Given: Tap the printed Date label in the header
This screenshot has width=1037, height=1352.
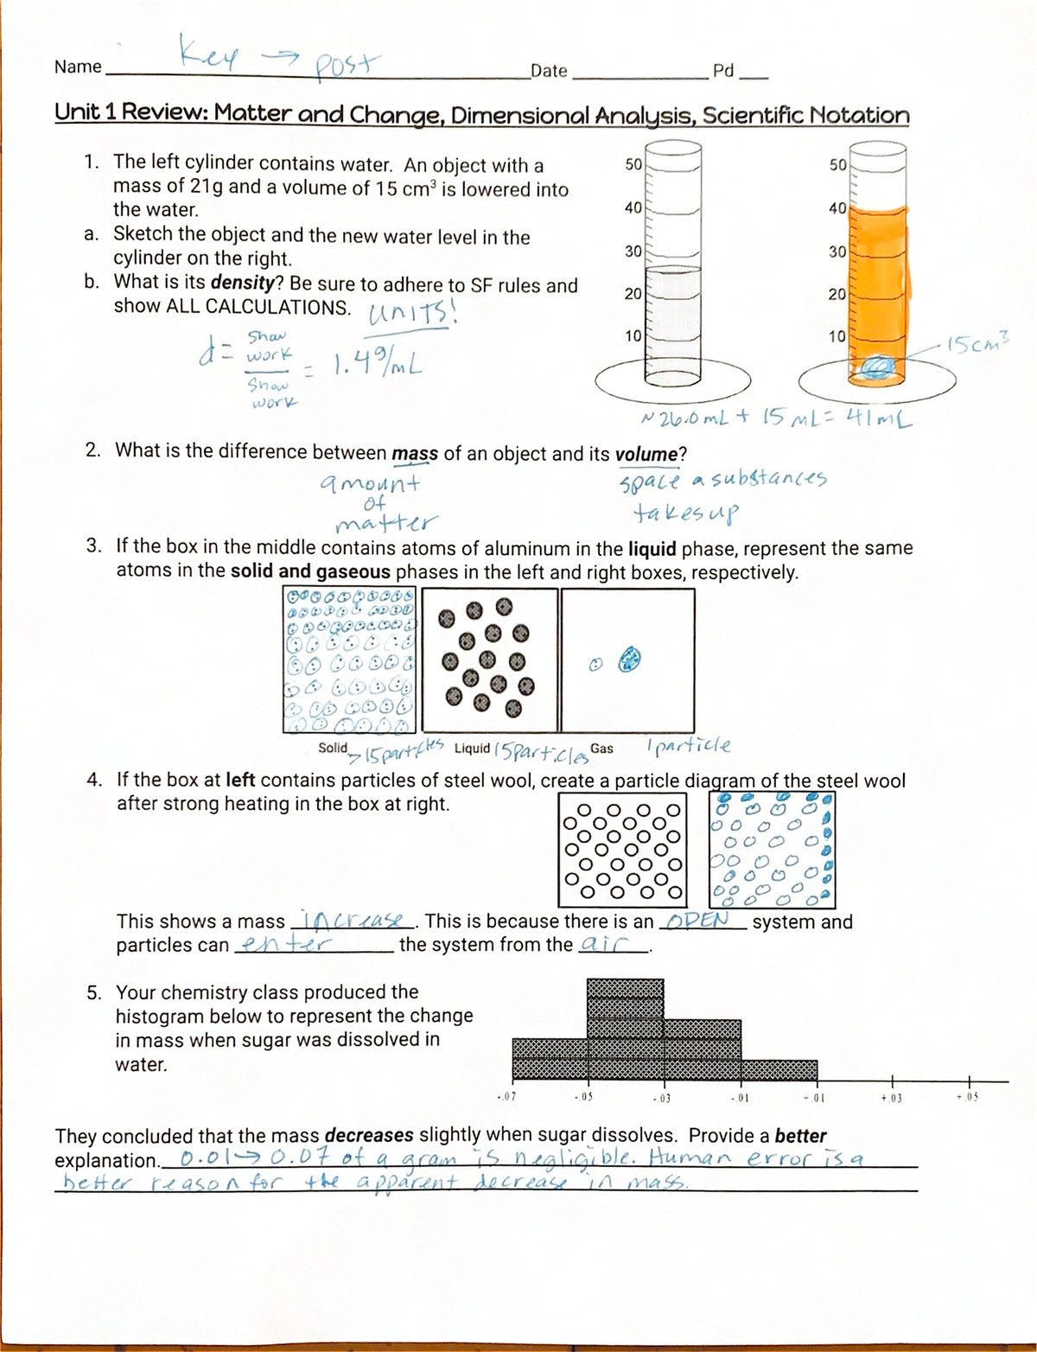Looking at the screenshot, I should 549,71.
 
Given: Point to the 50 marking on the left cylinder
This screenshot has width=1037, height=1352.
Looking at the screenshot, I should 633,164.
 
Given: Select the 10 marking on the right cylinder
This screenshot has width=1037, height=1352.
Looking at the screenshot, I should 837,335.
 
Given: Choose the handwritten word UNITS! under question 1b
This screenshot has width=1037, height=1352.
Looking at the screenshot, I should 412,312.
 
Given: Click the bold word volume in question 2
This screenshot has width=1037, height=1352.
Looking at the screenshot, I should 646,454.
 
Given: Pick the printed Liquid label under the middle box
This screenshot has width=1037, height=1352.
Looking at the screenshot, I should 472,748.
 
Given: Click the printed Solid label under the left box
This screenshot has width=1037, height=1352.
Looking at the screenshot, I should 333,748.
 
